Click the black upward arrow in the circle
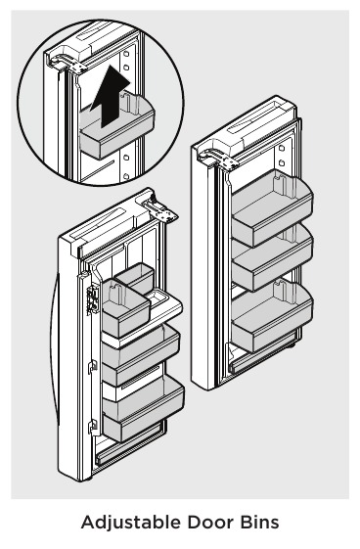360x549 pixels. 110,97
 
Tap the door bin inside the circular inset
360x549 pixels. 113,138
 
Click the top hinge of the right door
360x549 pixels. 224,159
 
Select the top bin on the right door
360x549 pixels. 273,202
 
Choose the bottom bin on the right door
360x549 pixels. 273,316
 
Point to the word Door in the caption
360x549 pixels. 215,523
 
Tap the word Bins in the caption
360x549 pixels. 260,523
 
